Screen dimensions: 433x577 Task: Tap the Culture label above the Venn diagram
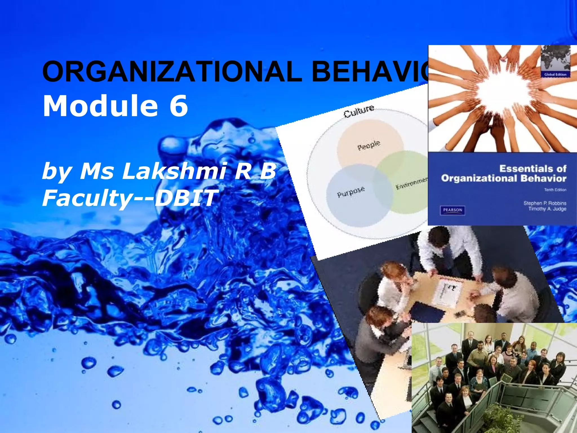[x=359, y=112]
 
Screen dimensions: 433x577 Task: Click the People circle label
[x=369, y=145]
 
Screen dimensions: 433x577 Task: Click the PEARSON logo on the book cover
[x=452, y=210]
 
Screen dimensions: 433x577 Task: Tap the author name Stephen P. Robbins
[x=545, y=203]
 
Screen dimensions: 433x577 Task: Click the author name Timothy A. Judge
[x=547, y=209]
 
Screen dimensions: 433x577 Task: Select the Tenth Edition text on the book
[x=555, y=190]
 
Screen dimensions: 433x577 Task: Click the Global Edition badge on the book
[x=555, y=74]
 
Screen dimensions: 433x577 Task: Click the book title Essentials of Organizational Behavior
[x=504, y=173]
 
